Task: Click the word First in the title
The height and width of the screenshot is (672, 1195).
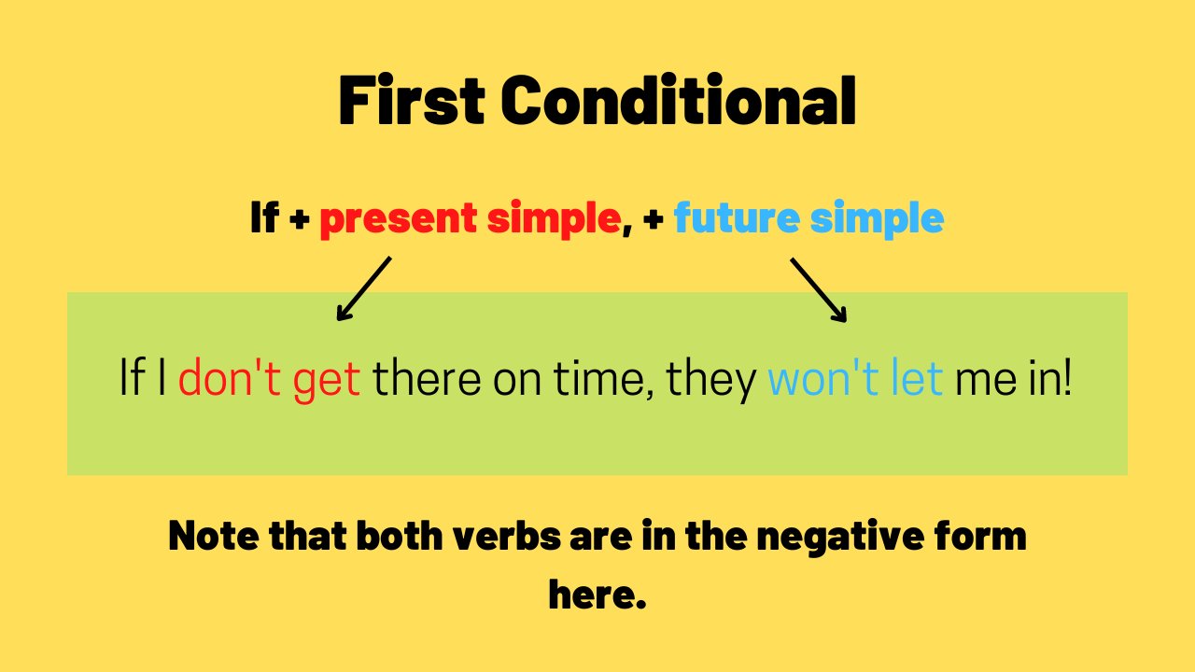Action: pyautogui.click(x=412, y=100)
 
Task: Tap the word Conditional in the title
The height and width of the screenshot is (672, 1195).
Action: pyautogui.click(x=679, y=100)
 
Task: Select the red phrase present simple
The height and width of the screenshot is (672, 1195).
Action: pyautogui.click(x=471, y=218)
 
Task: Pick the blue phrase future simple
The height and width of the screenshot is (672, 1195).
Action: pyautogui.click(x=808, y=218)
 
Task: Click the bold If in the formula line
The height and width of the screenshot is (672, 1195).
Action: pyautogui.click(x=264, y=217)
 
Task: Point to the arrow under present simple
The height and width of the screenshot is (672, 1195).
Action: pyautogui.click(x=364, y=288)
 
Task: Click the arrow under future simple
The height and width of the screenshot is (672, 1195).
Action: pyautogui.click(x=819, y=290)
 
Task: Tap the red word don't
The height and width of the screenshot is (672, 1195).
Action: pyautogui.click(x=230, y=378)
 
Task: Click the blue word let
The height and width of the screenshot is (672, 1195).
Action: pyautogui.click(x=917, y=377)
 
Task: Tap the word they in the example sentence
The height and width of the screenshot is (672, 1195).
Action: pyautogui.click(x=711, y=381)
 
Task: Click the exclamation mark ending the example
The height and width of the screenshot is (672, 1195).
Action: pyautogui.click(x=1067, y=376)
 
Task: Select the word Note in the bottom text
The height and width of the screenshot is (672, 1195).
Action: pyautogui.click(x=214, y=536)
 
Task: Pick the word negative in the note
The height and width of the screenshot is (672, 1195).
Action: pyautogui.click(x=840, y=538)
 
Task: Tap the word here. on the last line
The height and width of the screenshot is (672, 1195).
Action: pyautogui.click(x=597, y=594)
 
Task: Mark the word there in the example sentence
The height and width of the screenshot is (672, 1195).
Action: pyautogui.click(x=427, y=378)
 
